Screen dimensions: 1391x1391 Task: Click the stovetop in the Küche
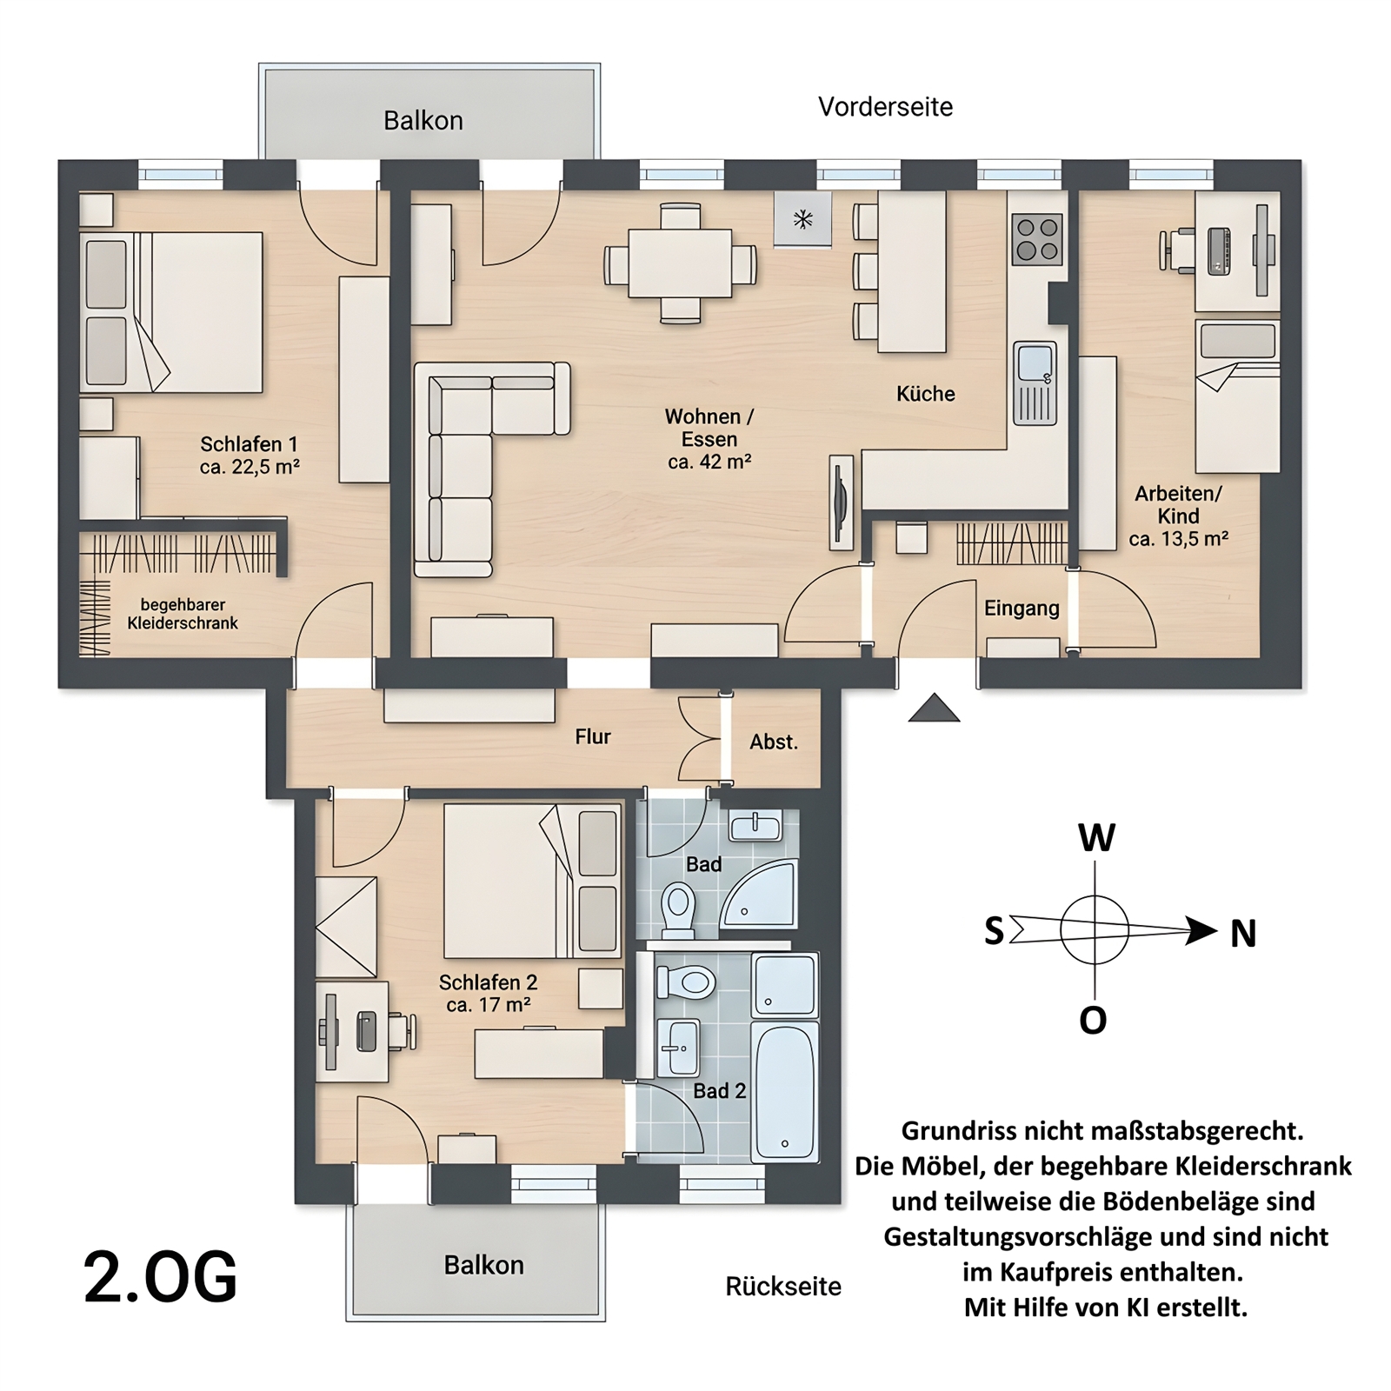(x=1037, y=239)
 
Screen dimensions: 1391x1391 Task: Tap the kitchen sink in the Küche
(x=1035, y=383)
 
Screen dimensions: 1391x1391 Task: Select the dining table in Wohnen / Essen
(x=680, y=263)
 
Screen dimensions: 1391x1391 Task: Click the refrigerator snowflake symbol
(x=802, y=219)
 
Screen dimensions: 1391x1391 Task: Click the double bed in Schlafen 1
(x=171, y=312)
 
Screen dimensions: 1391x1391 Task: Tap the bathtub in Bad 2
(x=784, y=1092)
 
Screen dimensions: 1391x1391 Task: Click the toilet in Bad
(x=678, y=909)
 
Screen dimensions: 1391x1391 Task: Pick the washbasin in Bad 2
(x=679, y=1048)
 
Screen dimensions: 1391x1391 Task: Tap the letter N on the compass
(x=1243, y=934)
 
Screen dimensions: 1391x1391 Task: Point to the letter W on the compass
(x=1096, y=838)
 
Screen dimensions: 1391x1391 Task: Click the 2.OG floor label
(x=160, y=1277)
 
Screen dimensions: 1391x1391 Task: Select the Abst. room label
(x=774, y=742)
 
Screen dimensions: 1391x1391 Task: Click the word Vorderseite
(x=885, y=107)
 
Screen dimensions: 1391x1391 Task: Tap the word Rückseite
(x=783, y=1287)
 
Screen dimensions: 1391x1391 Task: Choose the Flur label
(x=593, y=736)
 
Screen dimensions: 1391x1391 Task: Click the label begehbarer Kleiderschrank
(x=183, y=614)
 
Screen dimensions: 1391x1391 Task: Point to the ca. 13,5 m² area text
(x=1178, y=539)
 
